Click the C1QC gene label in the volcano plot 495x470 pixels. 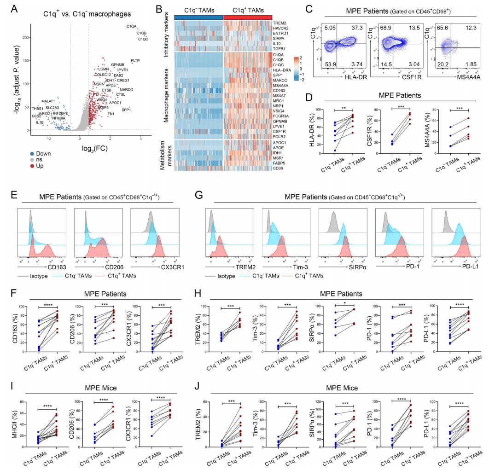click(143, 39)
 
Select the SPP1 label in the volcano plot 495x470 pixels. click(126, 110)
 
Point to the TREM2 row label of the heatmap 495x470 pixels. click(279, 23)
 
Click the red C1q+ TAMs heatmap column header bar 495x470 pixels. click(247, 17)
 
